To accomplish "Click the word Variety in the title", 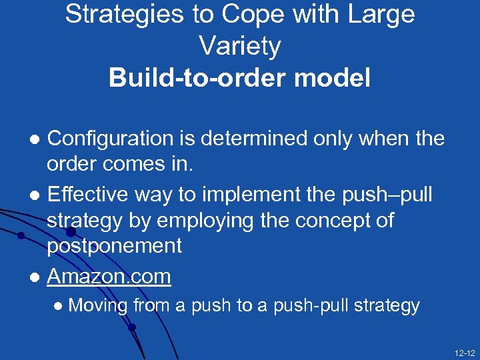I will point(239,47).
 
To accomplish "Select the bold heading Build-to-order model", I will point(239,79).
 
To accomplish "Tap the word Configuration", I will point(110,139).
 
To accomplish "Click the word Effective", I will point(88,195).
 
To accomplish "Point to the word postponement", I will point(114,246).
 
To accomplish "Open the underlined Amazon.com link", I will point(109,276).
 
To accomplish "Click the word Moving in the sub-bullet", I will point(98,306).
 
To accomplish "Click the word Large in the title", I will point(382,15).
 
